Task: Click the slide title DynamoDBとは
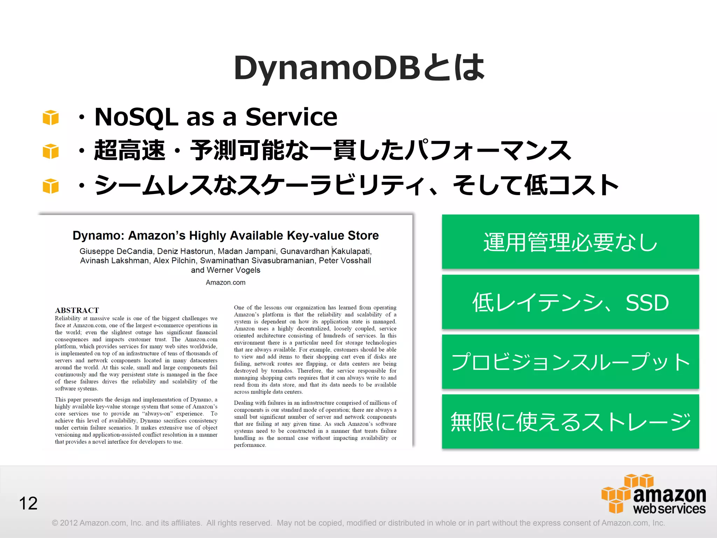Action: (359, 68)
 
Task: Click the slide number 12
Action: (28, 503)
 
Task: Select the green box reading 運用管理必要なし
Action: (570, 242)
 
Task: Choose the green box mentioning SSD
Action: (570, 302)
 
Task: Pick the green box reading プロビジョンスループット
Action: (570, 362)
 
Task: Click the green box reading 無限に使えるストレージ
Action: (570, 422)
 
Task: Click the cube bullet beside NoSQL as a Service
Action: (51, 117)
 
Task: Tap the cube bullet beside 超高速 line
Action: (51, 151)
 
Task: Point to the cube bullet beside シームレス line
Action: (51, 186)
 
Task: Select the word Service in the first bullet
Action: (291, 117)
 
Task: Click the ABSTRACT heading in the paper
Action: (77, 310)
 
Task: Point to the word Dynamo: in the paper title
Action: (98, 236)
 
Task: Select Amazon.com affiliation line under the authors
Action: (225, 282)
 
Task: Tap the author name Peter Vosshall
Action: (345, 261)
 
